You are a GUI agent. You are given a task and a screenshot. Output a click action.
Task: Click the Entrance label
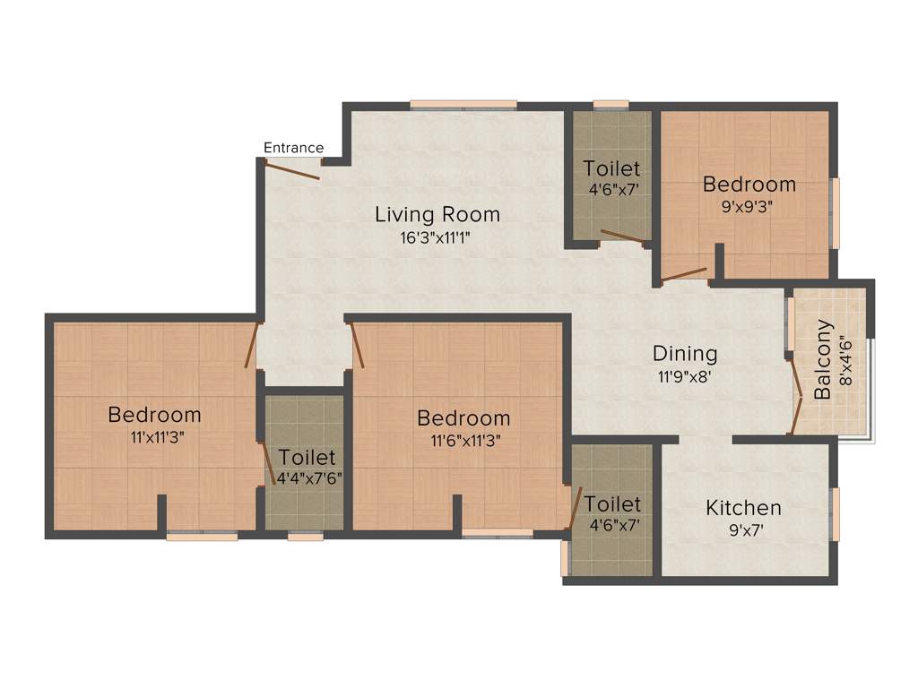(293, 148)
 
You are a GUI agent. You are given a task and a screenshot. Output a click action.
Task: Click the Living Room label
(437, 215)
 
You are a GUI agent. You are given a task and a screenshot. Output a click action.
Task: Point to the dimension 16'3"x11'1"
(437, 238)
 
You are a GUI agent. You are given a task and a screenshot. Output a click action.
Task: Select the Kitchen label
(743, 508)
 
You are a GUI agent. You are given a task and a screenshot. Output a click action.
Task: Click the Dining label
(685, 353)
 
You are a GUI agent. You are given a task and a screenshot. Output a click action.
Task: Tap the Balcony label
(824, 360)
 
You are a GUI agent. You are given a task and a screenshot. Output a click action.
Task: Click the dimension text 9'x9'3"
(749, 205)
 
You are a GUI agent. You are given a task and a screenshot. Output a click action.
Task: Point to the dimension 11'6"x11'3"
(463, 440)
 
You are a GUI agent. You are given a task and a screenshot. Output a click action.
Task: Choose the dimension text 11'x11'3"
(154, 437)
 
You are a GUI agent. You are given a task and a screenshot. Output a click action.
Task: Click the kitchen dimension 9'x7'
(743, 530)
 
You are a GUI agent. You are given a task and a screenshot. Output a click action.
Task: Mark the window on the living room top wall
(463, 105)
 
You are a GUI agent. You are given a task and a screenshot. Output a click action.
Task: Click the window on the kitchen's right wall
(835, 514)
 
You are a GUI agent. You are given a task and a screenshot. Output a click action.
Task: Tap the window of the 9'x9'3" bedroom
(835, 212)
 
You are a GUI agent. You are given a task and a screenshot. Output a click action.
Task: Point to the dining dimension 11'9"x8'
(685, 376)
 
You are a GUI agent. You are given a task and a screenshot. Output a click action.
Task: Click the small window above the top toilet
(611, 105)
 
